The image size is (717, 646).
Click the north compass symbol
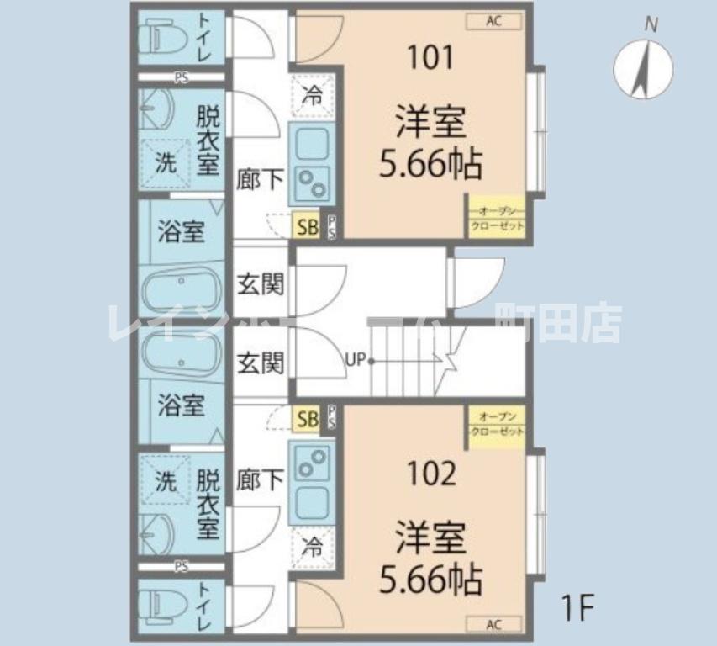645,67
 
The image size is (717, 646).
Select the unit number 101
430,58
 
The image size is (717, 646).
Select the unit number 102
431,474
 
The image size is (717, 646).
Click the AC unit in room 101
493,21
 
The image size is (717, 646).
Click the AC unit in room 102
493,624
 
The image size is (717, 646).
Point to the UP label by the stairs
355,362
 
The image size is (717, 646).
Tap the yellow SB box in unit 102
306,418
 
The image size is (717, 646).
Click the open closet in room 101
497,219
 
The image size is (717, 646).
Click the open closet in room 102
497,425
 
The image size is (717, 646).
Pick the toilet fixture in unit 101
159,38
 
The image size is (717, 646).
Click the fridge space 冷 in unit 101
312,95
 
